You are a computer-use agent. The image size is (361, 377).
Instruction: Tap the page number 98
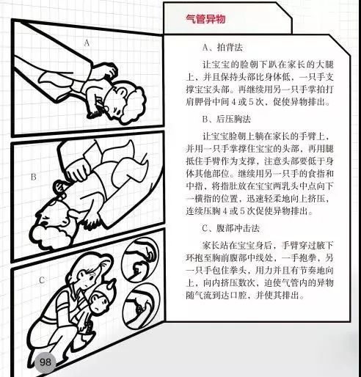(45, 362)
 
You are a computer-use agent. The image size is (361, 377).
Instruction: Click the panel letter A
(87, 43)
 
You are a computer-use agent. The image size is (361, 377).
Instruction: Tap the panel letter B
(33, 177)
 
